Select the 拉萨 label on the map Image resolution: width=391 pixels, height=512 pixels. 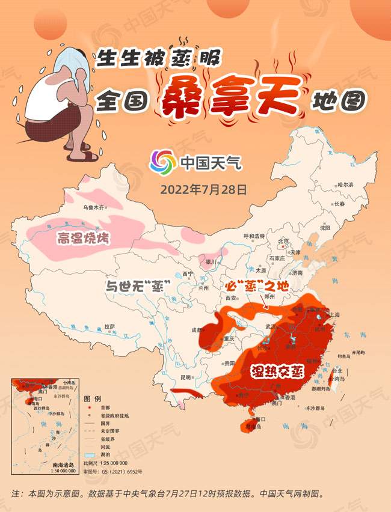click(x=109, y=326)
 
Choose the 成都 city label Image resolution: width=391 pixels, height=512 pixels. click(x=197, y=329)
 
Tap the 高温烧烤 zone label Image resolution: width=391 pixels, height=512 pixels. click(x=83, y=238)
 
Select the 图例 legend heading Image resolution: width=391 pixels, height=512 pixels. click(x=92, y=399)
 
